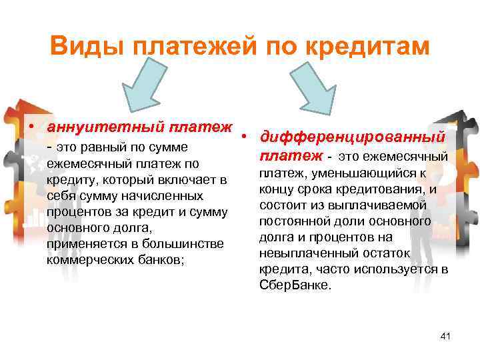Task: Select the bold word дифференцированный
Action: pos(353,137)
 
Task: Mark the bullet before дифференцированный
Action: pos(246,137)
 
